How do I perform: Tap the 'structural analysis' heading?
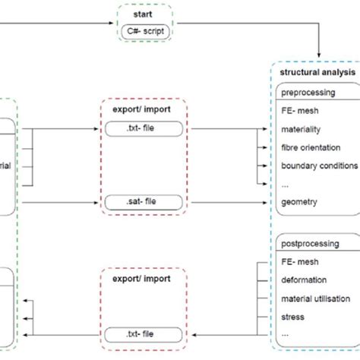click(x=316, y=74)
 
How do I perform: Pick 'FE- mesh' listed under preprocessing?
click(x=301, y=112)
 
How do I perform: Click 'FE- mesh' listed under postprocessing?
click(x=301, y=262)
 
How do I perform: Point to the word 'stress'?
click(x=294, y=317)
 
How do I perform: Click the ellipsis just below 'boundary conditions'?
click(x=286, y=184)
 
